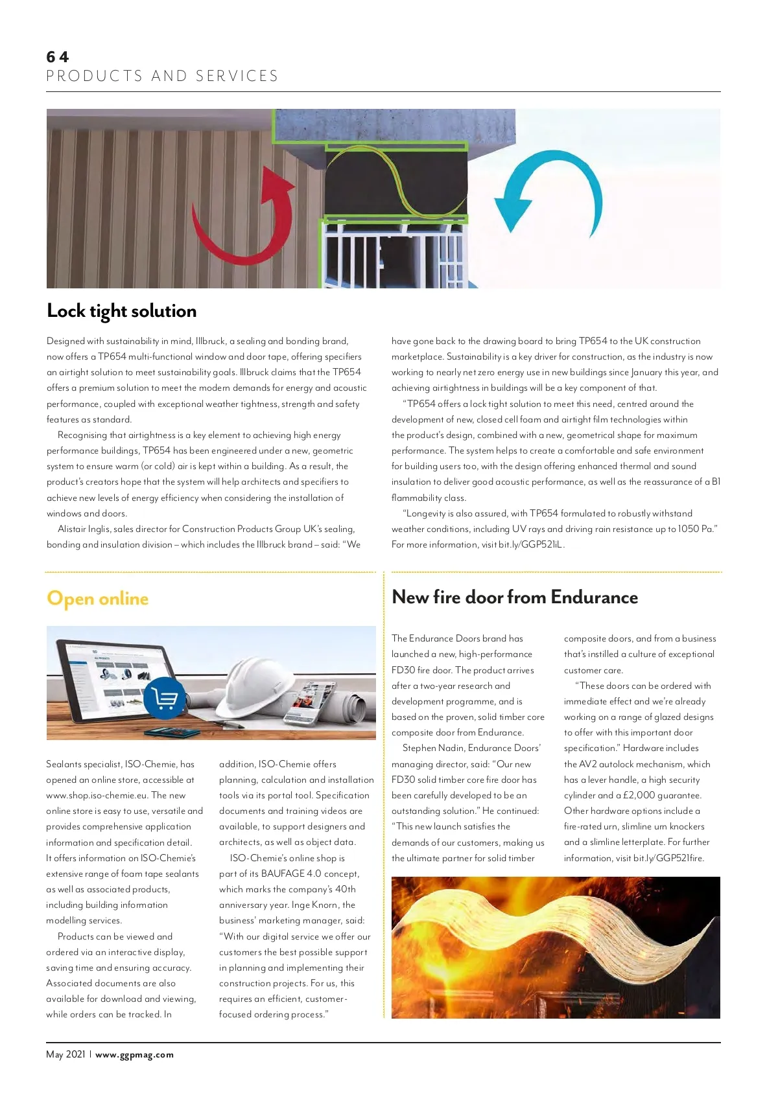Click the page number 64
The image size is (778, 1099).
click(57, 57)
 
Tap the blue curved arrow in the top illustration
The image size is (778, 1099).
click(551, 194)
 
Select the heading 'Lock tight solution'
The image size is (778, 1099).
click(121, 311)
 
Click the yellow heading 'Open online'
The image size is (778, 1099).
click(97, 598)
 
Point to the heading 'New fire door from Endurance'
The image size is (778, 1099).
click(515, 597)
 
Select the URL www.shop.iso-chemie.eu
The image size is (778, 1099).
click(97, 796)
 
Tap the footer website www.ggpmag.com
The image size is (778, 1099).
click(134, 1054)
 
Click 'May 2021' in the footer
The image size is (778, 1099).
click(65, 1054)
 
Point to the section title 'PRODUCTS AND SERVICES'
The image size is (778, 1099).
click(162, 76)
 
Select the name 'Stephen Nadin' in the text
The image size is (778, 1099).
click(433, 748)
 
